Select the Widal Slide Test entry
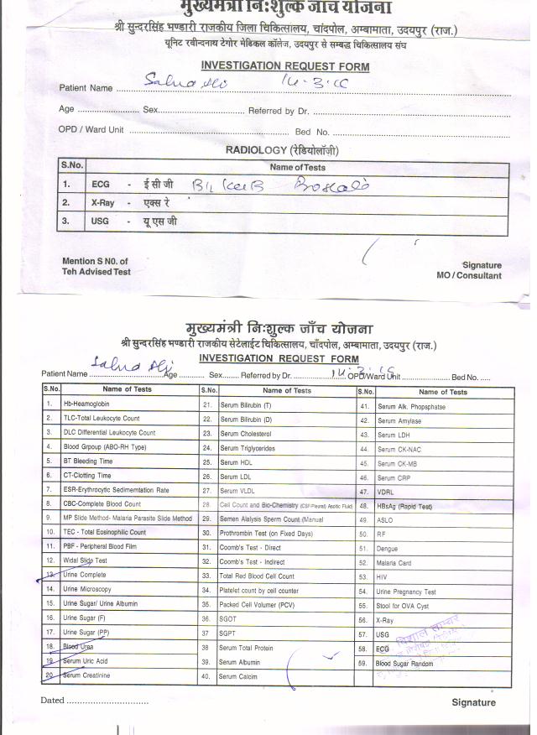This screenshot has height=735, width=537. (85, 560)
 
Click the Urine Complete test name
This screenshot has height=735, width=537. (85, 575)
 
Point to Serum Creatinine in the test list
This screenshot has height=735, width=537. (86, 675)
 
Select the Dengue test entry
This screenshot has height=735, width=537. (388, 548)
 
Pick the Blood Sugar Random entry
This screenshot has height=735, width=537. (404, 663)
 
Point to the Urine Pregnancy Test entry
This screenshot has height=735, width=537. (407, 592)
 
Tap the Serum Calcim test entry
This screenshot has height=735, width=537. (239, 676)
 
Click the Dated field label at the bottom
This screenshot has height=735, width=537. (53, 700)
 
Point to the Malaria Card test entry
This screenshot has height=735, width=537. (394, 563)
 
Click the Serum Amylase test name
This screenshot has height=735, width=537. (399, 420)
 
